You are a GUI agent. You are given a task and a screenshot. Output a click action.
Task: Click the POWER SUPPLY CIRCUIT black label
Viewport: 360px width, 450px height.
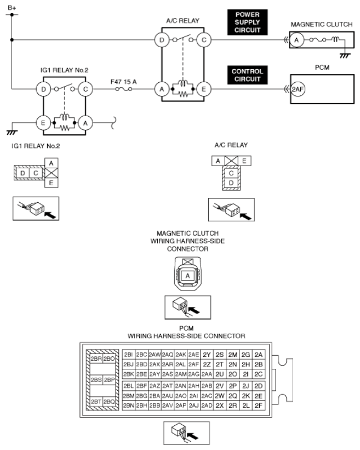pyautogui.click(x=247, y=22)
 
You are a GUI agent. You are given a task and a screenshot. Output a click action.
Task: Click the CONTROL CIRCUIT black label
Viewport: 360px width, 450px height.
pyautogui.click(x=247, y=75)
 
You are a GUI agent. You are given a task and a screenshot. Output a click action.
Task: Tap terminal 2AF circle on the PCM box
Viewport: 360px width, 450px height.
pyautogui.click(x=298, y=89)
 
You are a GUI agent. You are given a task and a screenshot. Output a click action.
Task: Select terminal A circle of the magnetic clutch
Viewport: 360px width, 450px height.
pyautogui.click(x=296, y=40)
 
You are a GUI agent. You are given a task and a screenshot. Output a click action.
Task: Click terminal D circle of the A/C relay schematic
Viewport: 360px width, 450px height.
pyautogui.click(x=162, y=40)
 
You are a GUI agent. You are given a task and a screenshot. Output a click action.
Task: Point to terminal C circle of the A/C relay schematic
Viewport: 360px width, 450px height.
pyautogui.click(x=204, y=40)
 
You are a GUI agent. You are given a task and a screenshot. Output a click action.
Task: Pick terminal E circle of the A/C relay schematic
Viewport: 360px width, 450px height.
pyautogui.click(x=204, y=89)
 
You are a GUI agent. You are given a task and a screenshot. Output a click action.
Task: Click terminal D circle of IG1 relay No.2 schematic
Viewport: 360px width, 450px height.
pyautogui.click(x=43, y=89)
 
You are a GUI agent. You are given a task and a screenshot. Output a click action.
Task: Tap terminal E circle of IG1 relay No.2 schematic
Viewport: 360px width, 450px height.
pyautogui.click(x=43, y=123)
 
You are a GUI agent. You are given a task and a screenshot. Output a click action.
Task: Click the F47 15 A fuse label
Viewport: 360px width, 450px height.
pyautogui.click(x=124, y=82)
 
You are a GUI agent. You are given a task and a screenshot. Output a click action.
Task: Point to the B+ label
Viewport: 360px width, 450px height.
pyautogui.click(x=12, y=8)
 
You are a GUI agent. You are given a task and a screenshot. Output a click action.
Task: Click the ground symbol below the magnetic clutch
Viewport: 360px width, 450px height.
pyautogui.click(x=345, y=55)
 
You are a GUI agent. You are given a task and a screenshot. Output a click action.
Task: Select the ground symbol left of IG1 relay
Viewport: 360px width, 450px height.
pyautogui.click(x=12, y=132)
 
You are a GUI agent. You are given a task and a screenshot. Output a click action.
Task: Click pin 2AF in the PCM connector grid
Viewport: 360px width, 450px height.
pyautogui.click(x=193, y=364)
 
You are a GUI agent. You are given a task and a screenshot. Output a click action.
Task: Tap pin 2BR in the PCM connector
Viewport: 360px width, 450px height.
pyautogui.click(x=96, y=358)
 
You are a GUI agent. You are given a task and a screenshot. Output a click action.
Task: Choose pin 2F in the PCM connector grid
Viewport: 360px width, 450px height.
pyautogui.click(x=259, y=406)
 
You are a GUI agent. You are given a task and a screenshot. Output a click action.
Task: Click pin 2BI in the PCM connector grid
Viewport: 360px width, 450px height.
pyautogui.click(x=129, y=355)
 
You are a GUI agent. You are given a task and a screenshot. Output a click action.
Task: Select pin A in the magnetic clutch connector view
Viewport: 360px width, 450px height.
pyautogui.click(x=187, y=276)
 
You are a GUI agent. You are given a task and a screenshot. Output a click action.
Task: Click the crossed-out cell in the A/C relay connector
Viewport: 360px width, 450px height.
pyautogui.click(x=231, y=161)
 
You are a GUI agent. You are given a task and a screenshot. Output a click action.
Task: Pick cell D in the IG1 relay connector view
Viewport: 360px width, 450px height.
pyautogui.click(x=23, y=173)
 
